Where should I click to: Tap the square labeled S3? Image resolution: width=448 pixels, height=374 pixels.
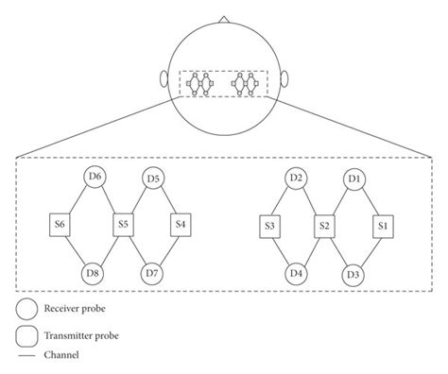click(269, 226)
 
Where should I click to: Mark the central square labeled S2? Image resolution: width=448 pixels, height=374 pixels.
click(324, 226)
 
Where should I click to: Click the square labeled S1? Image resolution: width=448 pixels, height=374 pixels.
click(382, 226)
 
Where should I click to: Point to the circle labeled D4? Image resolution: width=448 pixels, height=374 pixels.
click(296, 275)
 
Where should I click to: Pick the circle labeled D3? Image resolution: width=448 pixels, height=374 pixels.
click(355, 275)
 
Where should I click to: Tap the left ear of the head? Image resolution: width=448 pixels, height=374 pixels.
click(164, 82)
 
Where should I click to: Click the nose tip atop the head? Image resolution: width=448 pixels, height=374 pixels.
click(223, 17)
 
